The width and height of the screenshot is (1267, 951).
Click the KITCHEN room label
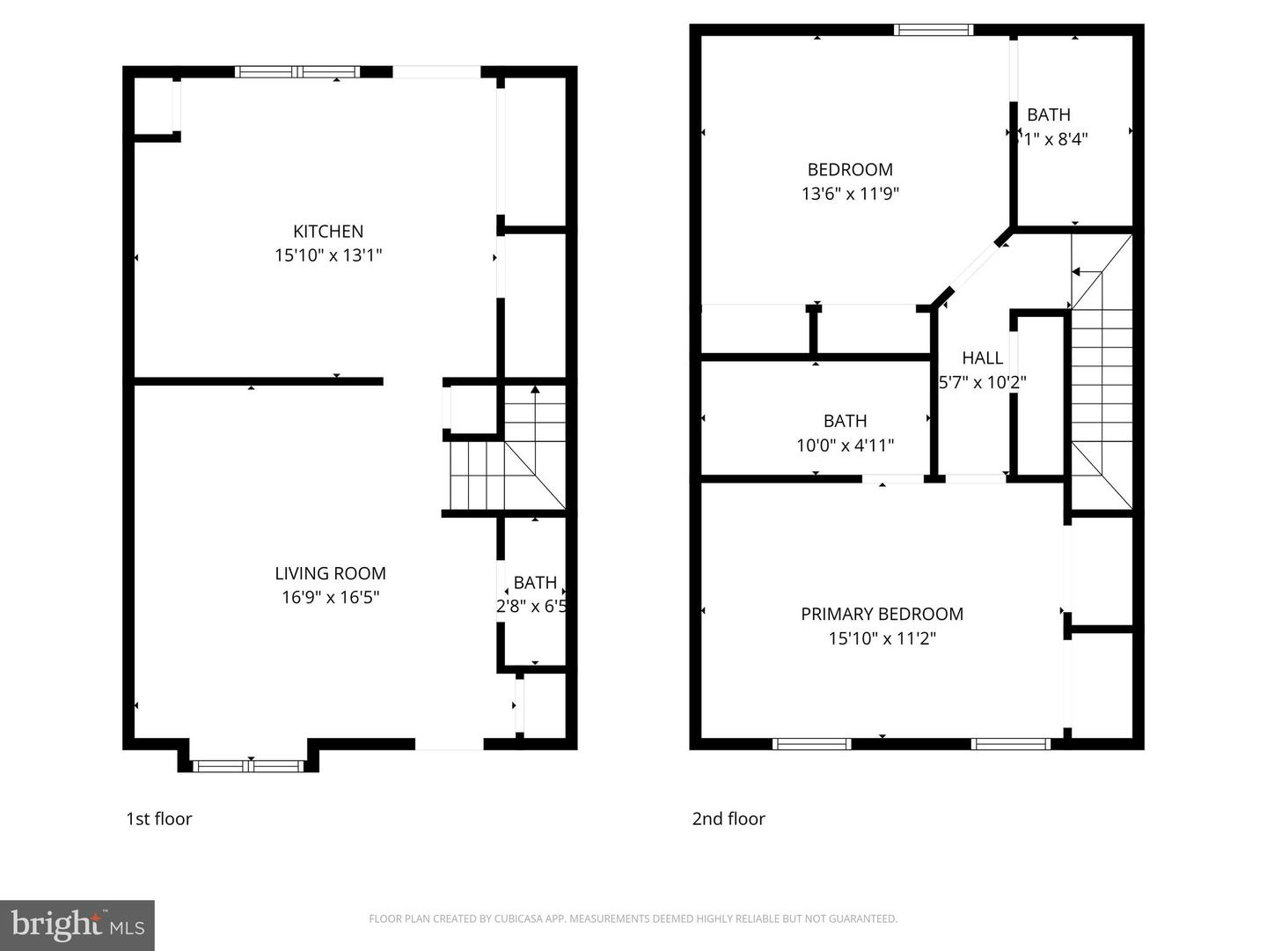(328, 232)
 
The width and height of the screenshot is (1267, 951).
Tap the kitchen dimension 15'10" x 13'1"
(328, 255)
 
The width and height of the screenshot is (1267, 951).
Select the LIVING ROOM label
(330, 573)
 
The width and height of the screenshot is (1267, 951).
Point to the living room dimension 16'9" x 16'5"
(330, 597)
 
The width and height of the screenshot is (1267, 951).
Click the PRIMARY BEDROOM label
(882, 614)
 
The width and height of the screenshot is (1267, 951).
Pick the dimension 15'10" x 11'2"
(882, 638)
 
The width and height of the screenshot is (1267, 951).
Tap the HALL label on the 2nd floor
(982, 358)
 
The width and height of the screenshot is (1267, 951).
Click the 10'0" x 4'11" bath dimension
(845, 446)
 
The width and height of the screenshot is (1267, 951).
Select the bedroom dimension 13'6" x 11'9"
(850, 194)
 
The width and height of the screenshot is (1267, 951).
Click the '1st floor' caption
(158, 818)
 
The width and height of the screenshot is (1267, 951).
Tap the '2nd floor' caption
(729, 818)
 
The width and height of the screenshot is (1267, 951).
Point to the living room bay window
(250, 765)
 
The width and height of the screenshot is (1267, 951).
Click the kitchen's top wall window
(297, 72)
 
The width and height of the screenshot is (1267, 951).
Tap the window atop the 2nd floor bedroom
(933, 30)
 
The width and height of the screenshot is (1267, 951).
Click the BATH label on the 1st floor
(535, 582)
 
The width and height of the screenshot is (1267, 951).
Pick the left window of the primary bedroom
(811, 744)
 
